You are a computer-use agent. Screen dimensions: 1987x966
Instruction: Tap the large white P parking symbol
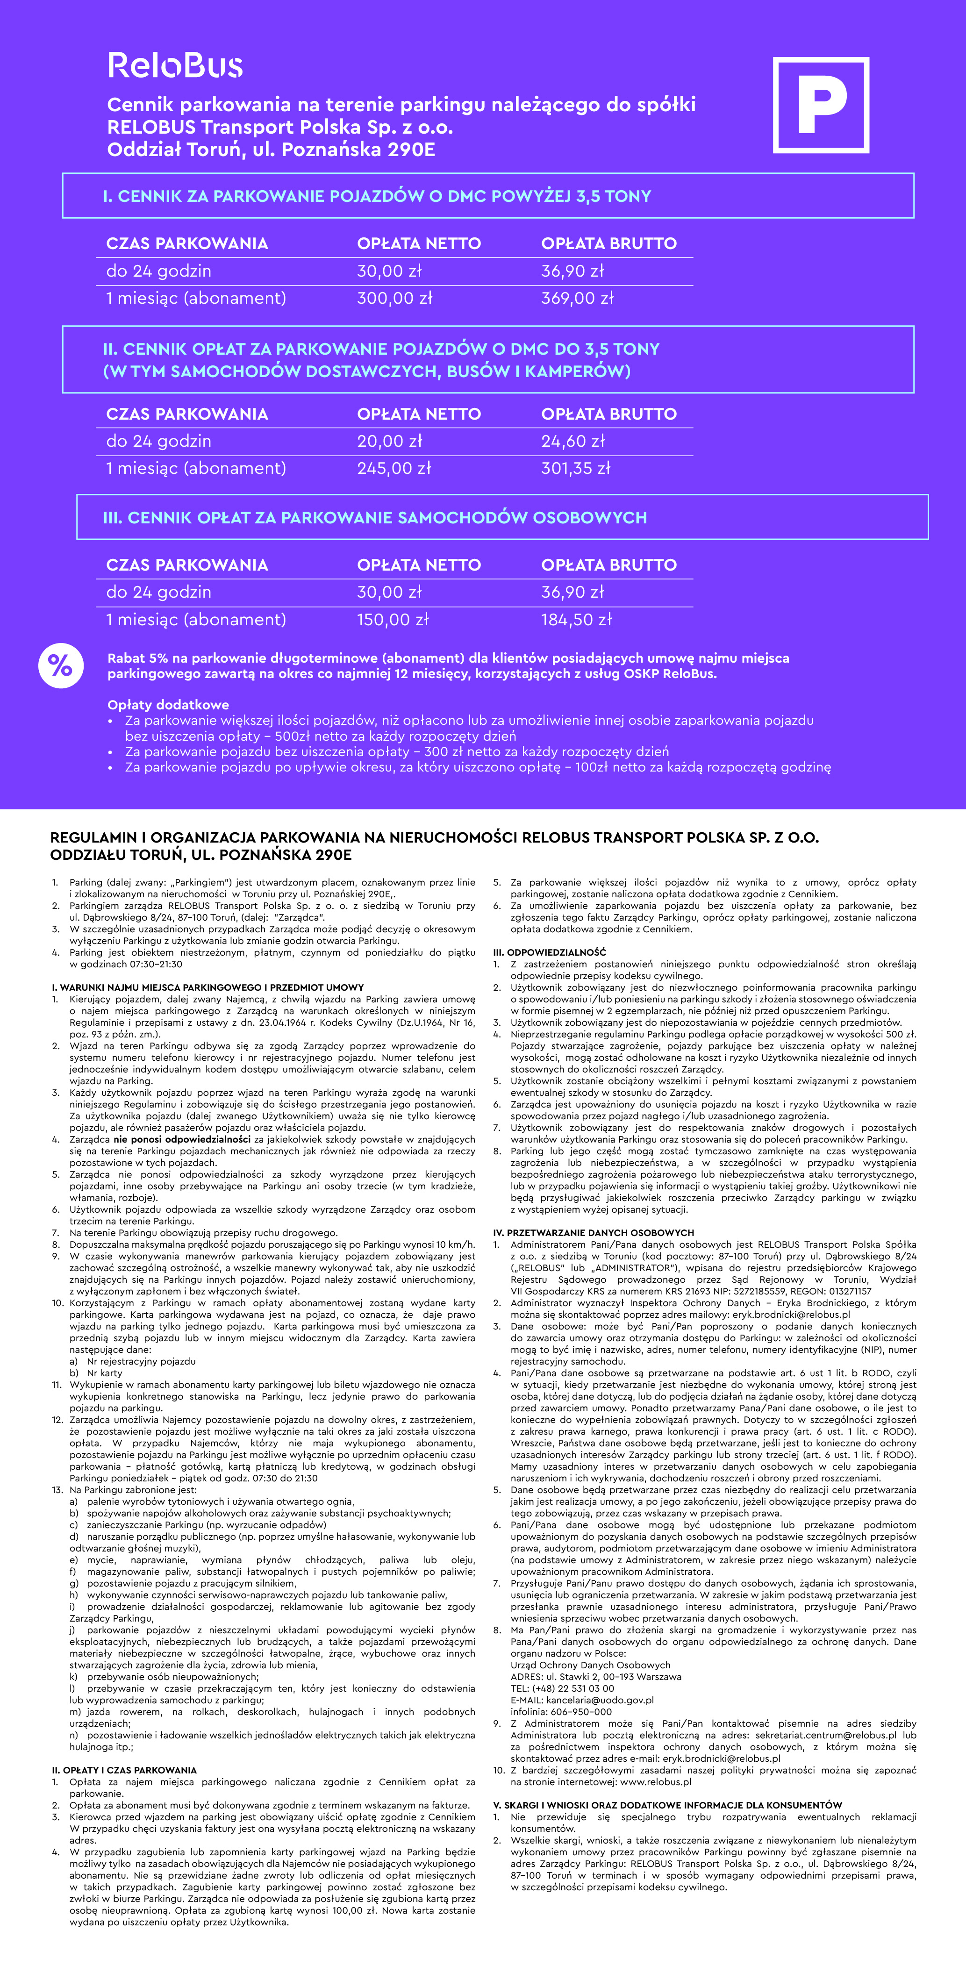pyautogui.click(x=821, y=105)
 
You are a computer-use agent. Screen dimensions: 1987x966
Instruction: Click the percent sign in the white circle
pyautogui.click(x=60, y=665)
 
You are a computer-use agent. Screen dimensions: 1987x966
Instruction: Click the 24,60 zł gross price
pyautogui.click(x=572, y=441)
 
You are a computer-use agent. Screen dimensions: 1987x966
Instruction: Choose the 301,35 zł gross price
pyautogui.click(x=576, y=468)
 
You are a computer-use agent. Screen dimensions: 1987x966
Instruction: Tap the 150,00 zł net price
pyautogui.click(x=393, y=619)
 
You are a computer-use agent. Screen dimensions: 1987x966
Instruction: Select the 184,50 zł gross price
pyautogui.click(x=576, y=619)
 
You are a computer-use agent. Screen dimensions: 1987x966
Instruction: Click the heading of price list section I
pyautogui.click(x=377, y=196)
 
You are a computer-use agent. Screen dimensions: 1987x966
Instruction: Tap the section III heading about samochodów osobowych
pyautogui.click(x=375, y=518)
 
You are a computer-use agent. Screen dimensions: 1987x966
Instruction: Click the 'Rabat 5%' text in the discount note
pyautogui.click(x=137, y=658)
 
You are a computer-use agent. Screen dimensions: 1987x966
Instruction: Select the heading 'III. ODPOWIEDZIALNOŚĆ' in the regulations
pyautogui.click(x=549, y=952)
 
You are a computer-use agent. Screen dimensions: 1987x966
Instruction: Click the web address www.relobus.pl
pyautogui.click(x=655, y=1782)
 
